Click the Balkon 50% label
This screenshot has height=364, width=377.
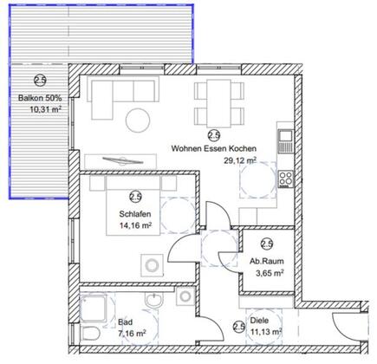click(40, 98)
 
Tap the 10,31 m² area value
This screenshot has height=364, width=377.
click(46, 109)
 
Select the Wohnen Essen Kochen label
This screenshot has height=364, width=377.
click(214, 148)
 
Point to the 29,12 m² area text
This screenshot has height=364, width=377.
click(240, 160)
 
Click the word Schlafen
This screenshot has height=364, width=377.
click(135, 214)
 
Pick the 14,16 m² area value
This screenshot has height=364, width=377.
click(136, 225)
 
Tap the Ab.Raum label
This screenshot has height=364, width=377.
click(267, 262)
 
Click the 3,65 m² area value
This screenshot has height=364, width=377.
click(270, 273)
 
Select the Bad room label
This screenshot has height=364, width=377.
click(126, 322)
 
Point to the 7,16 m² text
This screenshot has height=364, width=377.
click(132, 334)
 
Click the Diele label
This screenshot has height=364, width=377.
click(259, 321)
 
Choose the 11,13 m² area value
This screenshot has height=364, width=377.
click(266, 332)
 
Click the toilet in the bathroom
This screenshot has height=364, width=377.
click(90, 333)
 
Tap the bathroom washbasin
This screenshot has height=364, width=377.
click(154, 300)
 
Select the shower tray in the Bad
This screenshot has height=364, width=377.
click(93, 309)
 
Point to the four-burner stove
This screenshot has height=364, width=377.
click(286, 179)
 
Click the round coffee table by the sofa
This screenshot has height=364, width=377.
click(138, 120)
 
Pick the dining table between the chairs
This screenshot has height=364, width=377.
click(218, 103)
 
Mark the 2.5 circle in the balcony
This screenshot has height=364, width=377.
click(40, 81)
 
